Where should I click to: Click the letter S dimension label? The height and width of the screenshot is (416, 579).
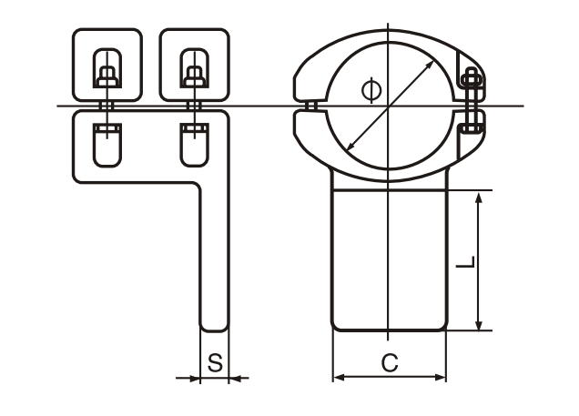tap(214, 362)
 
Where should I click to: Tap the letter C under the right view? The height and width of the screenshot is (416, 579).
tap(389, 362)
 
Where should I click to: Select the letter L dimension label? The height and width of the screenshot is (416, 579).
tap(464, 262)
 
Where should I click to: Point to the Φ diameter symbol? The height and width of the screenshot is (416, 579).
tap(369, 89)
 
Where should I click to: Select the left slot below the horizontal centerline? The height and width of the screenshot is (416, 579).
tap(107, 144)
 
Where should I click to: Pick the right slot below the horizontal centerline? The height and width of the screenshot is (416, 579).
tap(193, 144)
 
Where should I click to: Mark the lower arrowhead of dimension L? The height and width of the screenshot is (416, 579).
tap(477, 325)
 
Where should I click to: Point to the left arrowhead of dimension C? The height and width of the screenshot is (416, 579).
tap(337, 376)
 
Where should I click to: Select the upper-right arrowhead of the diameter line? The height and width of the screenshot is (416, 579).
tap(432, 64)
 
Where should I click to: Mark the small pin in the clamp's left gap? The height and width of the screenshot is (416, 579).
tap(310, 107)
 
